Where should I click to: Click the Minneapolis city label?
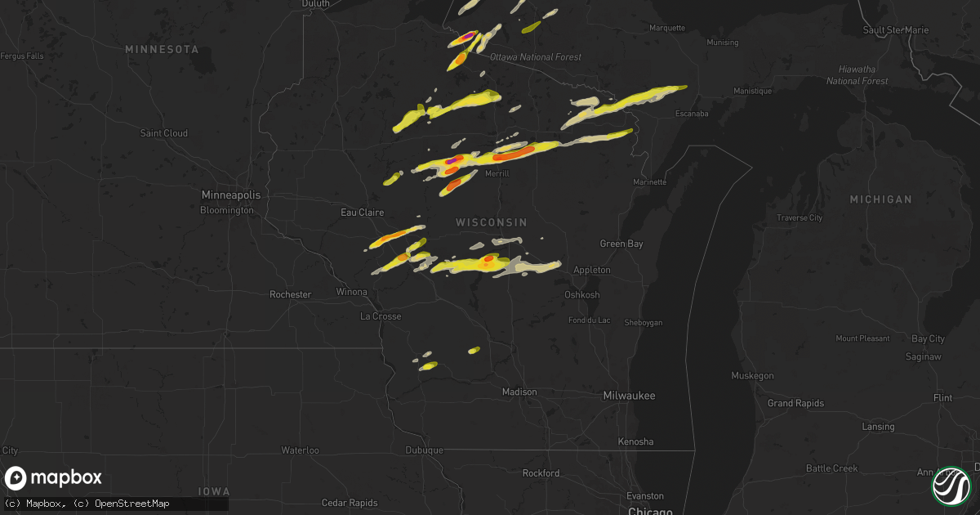click(x=232, y=195)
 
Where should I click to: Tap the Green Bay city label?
click(x=621, y=244)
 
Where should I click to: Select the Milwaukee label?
click(x=629, y=396)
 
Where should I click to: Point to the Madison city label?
click(x=519, y=392)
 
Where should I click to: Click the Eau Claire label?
click(x=362, y=213)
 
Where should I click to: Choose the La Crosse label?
click(x=381, y=316)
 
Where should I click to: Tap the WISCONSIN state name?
click(x=491, y=222)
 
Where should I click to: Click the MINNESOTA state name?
click(x=162, y=50)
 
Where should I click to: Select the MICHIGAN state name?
click(x=880, y=199)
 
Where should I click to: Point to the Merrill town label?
click(x=497, y=174)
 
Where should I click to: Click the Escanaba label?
click(x=692, y=114)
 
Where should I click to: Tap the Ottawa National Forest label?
click(x=536, y=57)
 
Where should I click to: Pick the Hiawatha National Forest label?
click(x=857, y=75)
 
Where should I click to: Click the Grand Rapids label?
click(x=796, y=403)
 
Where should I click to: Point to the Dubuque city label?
click(x=424, y=450)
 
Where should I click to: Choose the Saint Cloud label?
click(x=164, y=133)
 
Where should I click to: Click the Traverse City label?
click(x=799, y=218)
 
